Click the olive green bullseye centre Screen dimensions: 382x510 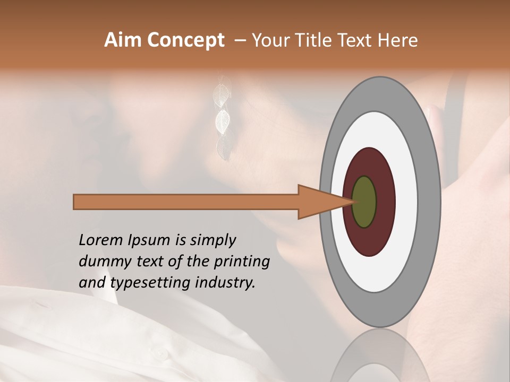click(x=364, y=202)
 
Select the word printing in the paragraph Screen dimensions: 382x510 click(x=241, y=262)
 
